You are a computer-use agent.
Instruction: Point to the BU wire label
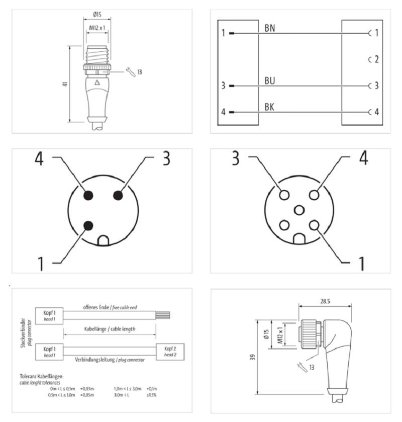[x=270, y=80]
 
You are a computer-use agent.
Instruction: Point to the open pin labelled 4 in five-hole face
[x=315, y=195]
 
